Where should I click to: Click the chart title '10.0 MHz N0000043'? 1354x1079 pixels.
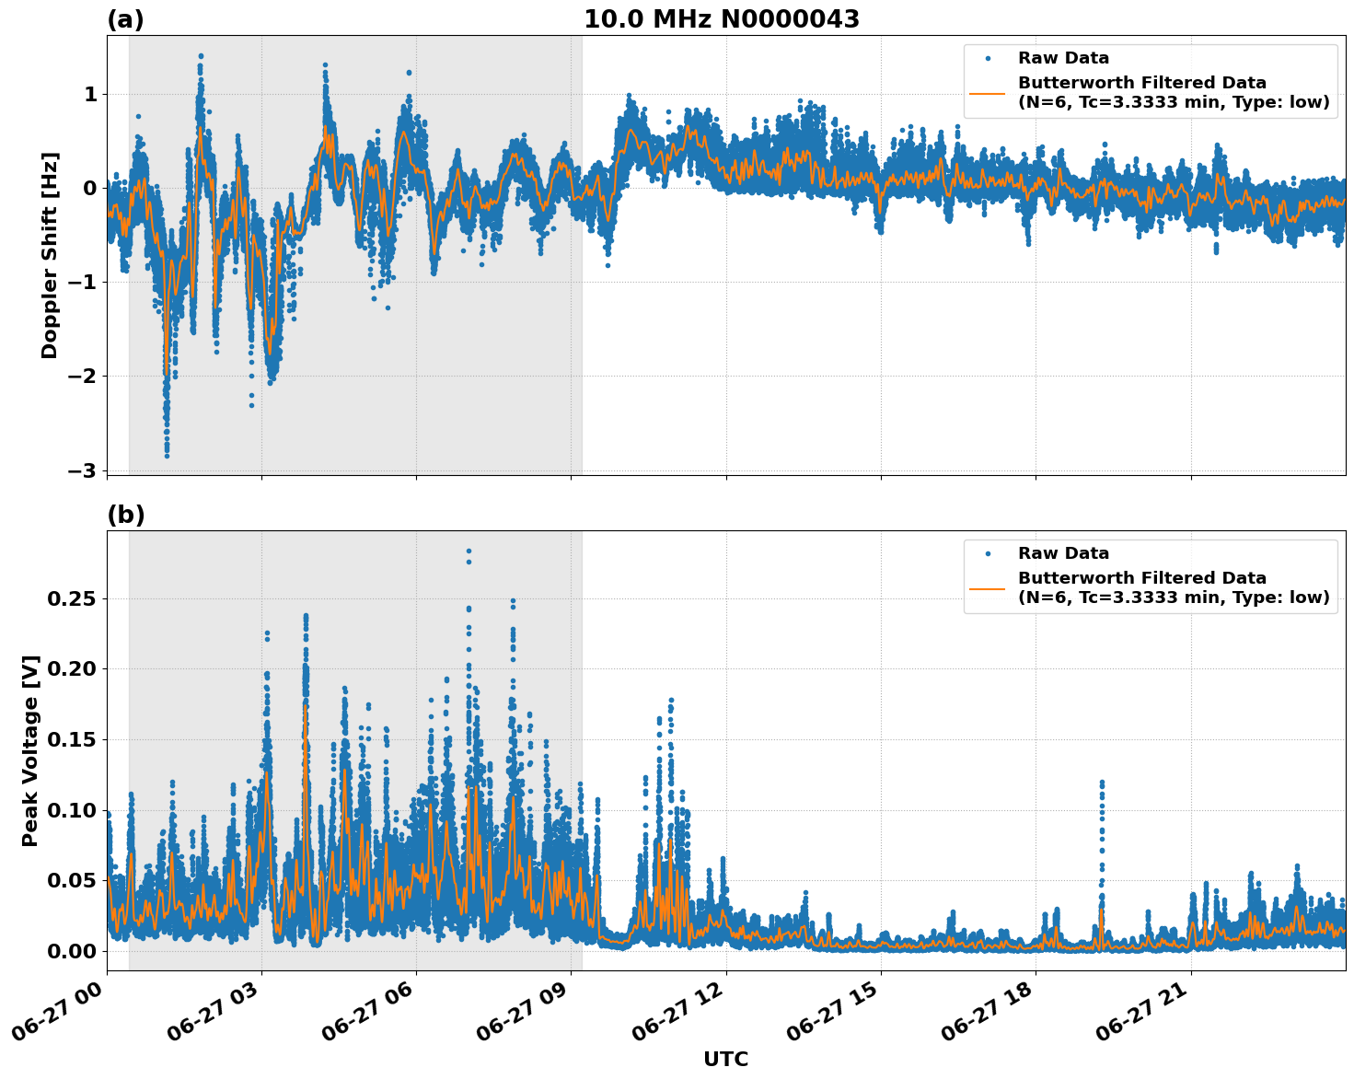(721, 19)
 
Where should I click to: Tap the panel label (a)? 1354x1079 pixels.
(125, 19)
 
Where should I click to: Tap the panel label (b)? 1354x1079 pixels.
(125, 516)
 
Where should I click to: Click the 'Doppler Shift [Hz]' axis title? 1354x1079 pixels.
(50, 255)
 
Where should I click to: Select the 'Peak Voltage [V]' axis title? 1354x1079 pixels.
(30, 750)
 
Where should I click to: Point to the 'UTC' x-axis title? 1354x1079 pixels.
(725, 1059)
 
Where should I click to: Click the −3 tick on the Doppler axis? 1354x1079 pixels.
(82, 470)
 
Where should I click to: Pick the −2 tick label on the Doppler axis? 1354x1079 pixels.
(82, 376)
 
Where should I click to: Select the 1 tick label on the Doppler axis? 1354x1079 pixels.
(90, 94)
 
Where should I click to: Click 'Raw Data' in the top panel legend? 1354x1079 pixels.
(1063, 59)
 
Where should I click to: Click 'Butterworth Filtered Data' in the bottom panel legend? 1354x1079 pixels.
(1141, 578)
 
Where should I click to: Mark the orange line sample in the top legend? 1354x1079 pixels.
(988, 92)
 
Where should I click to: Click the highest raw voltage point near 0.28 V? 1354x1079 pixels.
(469, 551)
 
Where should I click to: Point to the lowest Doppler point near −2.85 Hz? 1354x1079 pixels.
(167, 455)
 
